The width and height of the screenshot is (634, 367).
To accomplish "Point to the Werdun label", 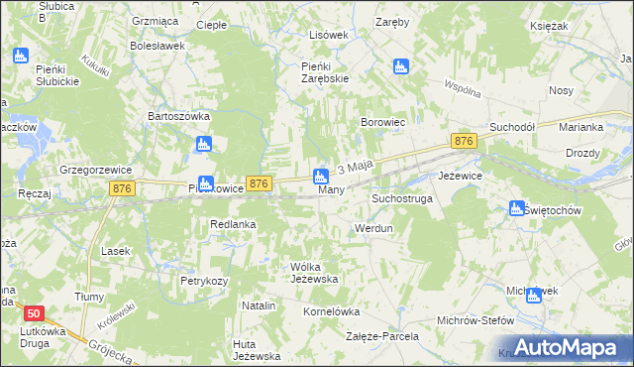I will click(x=374, y=228).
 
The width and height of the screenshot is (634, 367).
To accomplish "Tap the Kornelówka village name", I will click(x=331, y=310).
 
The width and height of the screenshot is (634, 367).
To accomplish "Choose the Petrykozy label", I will click(x=204, y=281).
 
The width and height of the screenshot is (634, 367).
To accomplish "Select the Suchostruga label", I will click(x=401, y=198).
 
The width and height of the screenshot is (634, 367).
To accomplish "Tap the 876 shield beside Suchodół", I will click(x=463, y=142).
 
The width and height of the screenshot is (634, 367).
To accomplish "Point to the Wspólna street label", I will click(x=463, y=88).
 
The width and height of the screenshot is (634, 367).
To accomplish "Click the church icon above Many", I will click(x=321, y=178).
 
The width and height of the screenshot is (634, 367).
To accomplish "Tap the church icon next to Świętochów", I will click(x=516, y=208).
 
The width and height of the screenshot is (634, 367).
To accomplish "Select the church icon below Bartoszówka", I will click(x=204, y=145).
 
